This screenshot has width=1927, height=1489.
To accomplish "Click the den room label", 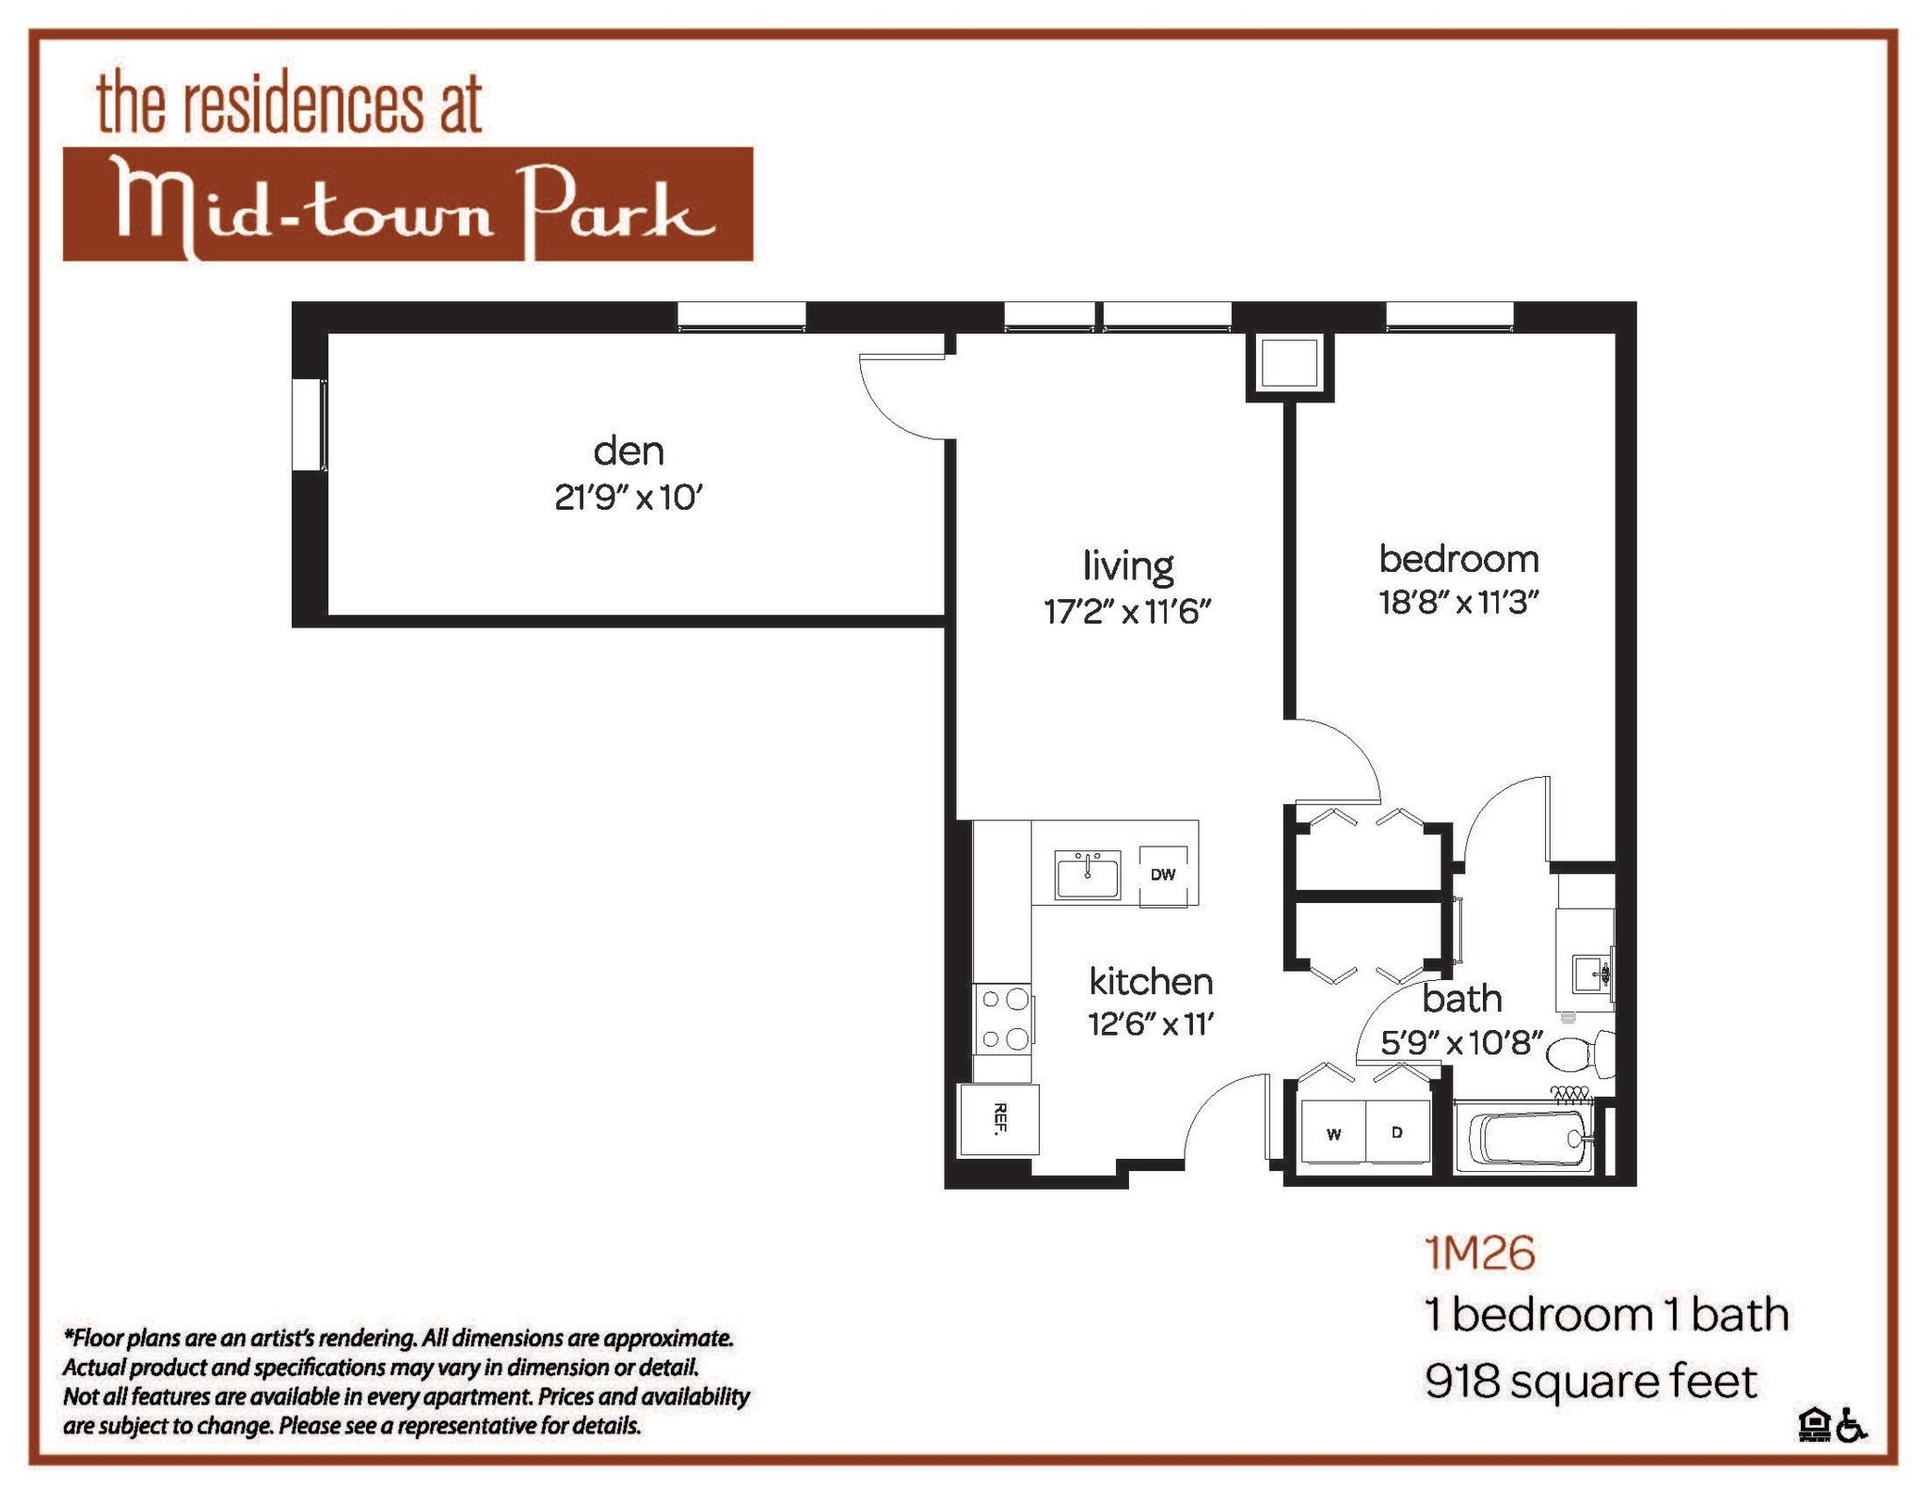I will click(x=629, y=451).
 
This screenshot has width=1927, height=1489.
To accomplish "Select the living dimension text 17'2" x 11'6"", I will click(x=1126, y=612).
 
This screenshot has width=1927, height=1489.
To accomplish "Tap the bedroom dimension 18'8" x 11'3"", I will click(x=1457, y=602).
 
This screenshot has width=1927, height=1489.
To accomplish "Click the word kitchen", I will click(x=1151, y=982).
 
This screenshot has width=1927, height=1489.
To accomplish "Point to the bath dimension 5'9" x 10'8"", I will click(x=1461, y=1043).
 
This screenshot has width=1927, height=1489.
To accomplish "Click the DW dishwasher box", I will click(x=1163, y=874).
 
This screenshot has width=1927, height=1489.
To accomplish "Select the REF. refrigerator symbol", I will click(x=999, y=1119).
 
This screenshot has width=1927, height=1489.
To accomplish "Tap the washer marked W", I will click(x=1333, y=1133).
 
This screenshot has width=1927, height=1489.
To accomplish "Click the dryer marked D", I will click(x=1397, y=1133).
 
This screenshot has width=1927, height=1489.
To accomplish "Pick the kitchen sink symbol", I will click(x=1088, y=876).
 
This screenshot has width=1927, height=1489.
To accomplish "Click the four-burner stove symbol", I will click(x=1003, y=1020).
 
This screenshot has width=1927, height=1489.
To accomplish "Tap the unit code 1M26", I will click(x=1480, y=1253).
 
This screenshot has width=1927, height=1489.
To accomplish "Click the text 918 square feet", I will click(x=1590, y=1381).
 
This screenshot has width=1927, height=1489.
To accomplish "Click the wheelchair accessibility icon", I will click(x=1852, y=1424).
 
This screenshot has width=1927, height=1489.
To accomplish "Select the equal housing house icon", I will click(x=1813, y=1424).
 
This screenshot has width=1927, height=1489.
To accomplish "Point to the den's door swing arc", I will click(x=889, y=409).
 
